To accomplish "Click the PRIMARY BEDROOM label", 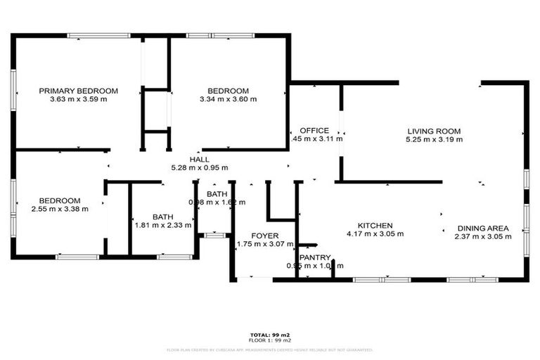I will click(x=78, y=91).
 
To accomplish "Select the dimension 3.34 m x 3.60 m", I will click(x=228, y=99).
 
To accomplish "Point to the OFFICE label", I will click(x=314, y=130).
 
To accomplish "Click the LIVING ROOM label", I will click(x=434, y=131).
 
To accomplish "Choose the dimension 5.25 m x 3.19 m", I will click(x=434, y=139).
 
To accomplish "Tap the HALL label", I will click(x=200, y=160).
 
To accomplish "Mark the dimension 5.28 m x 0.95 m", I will click(x=200, y=168).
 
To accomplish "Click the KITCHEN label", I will click(x=370, y=226).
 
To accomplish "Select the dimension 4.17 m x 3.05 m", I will click(x=370, y=234).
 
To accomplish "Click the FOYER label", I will click(x=266, y=236).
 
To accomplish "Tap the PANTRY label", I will click(x=314, y=257).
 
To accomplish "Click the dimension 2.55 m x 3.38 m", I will click(x=60, y=209).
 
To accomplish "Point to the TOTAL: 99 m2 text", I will click(x=270, y=334).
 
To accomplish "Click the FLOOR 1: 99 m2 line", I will click(x=270, y=340).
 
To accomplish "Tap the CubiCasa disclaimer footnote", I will click(x=270, y=349).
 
